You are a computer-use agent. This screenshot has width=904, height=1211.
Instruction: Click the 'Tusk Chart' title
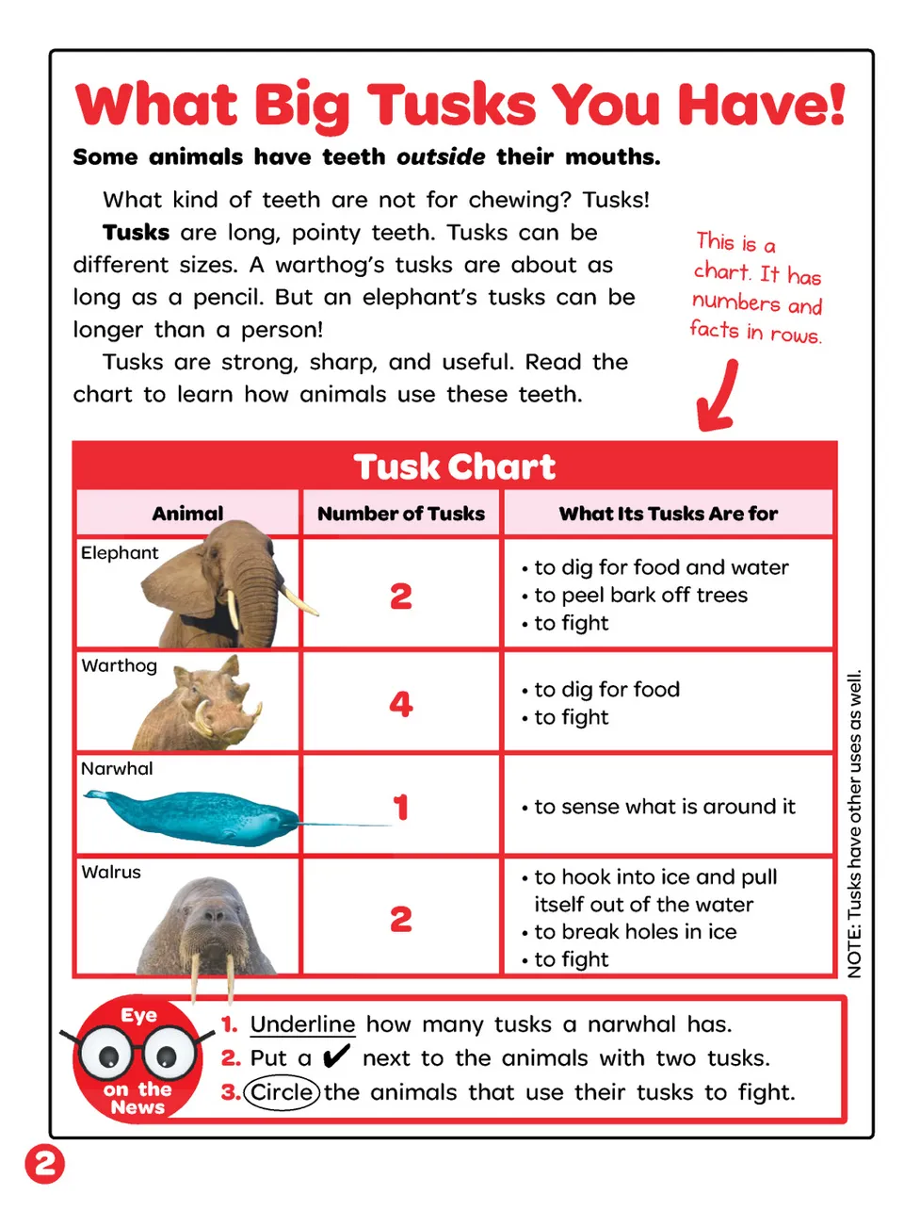coord(454,466)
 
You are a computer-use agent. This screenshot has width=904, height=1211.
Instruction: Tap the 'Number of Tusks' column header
coord(401,513)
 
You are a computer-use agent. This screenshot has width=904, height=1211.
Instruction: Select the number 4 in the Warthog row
coord(401,703)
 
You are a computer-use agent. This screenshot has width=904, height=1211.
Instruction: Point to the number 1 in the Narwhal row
coord(401,807)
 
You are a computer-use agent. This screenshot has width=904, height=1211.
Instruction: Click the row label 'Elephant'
coord(119,552)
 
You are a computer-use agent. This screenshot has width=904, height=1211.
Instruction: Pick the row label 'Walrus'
coord(111,872)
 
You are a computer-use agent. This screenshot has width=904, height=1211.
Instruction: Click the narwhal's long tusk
coord(345,825)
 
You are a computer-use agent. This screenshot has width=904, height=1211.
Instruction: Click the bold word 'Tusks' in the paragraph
coord(136,232)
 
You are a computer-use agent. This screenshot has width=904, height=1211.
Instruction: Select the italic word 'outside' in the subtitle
coord(441,156)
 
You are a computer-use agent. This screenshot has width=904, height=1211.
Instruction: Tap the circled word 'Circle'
coord(282,1092)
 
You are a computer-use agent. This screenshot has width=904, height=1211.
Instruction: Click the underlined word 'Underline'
coord(302,1024)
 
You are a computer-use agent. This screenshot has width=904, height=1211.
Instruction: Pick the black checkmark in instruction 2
coord(335,1056)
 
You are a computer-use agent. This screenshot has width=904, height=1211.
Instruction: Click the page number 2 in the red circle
coord(44,1164)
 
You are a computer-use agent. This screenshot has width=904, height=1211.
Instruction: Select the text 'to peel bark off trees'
coord(640,595)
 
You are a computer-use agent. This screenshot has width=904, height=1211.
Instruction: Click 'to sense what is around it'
coord(664,807)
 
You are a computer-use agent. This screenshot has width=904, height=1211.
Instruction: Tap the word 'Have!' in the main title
coord(762,104)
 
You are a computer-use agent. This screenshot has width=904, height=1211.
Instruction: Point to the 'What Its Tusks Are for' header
coord(668,513)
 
